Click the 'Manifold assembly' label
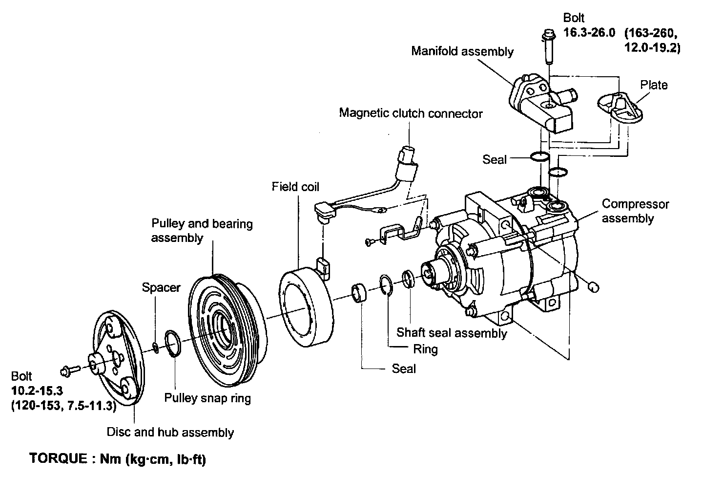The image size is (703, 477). (x=462, y=51)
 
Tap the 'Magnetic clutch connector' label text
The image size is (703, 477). (x=411, y=113)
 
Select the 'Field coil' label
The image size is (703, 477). (x=295, y=187)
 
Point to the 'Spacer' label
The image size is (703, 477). (x=161, y=287)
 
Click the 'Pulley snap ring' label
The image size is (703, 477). (x=207, y=398)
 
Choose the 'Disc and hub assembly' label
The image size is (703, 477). (x=170, y=432)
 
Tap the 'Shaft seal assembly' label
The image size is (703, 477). (x=452, y=333)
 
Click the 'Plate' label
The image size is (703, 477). (x=654, y=85)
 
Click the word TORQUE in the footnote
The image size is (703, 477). (x=58, y=459)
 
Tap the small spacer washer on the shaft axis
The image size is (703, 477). (x=155, y=347)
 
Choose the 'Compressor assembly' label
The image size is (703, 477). (x=635, y=211)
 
